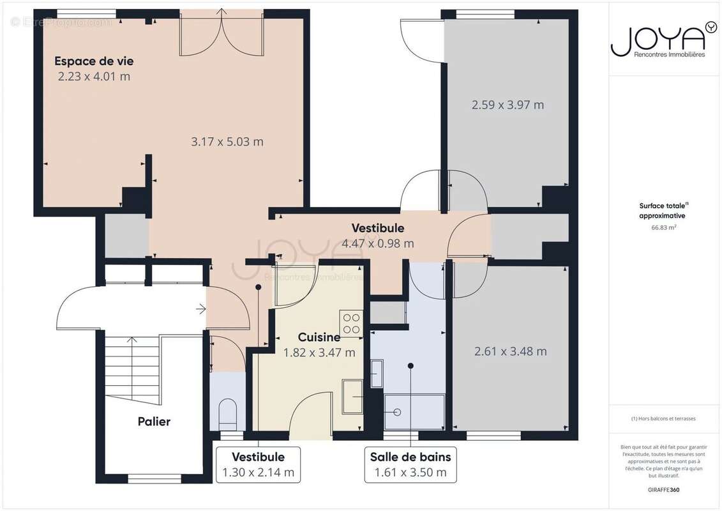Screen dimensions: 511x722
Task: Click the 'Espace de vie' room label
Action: coord(94,61)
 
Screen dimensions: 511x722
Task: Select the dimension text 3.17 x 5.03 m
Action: coord(227,142)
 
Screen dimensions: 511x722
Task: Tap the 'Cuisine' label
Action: coord(319,337)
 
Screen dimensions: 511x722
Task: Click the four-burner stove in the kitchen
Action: coord(351,323)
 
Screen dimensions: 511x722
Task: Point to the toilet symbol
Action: coord(227,414)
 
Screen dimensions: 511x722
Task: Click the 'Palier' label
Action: coord(154,422)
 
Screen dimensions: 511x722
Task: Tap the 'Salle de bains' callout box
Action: coord(410,464)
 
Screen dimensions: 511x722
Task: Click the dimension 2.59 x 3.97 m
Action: coord(508,105)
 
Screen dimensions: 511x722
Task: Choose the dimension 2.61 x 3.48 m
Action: coord(510,351)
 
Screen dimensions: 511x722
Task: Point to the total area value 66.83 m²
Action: coord(664,227)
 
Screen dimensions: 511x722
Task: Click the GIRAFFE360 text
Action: coord(664,489)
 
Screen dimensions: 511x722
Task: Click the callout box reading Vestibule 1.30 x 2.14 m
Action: coord(258,464)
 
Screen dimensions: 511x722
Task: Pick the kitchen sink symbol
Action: coord(352,396)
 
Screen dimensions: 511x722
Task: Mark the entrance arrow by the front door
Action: coord(200,310)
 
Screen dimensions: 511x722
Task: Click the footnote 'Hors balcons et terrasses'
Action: coord(664,419)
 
